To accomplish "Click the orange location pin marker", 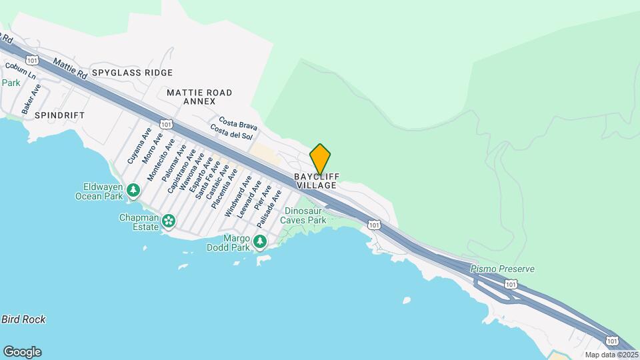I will pos(321,159).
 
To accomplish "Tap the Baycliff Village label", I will pos(317,181).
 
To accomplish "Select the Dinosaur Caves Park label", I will pos(303,215).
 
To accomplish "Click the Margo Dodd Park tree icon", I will pos(259,241).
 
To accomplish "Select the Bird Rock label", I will pos(23,319).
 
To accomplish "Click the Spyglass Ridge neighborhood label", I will pos(132,73).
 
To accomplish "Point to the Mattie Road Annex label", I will pos(199,97).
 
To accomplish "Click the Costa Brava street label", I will pos(238,125).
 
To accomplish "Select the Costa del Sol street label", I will pos(231,132).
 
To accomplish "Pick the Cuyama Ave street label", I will pos(136,147).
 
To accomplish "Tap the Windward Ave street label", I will pos(239,196).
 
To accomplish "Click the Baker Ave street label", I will pos(31,98).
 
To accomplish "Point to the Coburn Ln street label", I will pos(21,71).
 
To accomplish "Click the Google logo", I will pos(22,352).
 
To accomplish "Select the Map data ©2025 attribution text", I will pos(610,355).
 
